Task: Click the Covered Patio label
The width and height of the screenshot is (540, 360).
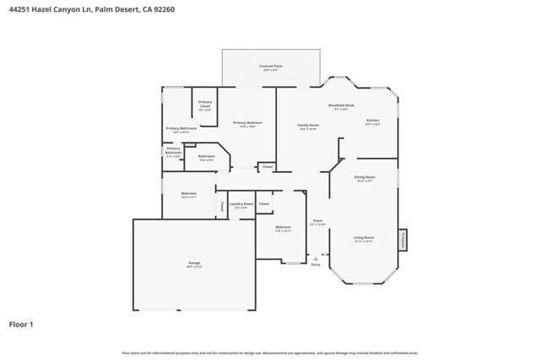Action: pyautogui.click(x=271, y=66)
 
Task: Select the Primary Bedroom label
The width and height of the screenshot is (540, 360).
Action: pyautogui.click(x=247, y=123)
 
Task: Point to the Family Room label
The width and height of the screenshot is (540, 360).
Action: pyautogui.click(x=308, y=125)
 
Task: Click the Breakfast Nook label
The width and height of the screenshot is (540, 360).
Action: pyautogui.click(x=341, y=105)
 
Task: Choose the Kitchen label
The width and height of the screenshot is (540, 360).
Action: pyautogui.click(x=372, y=121)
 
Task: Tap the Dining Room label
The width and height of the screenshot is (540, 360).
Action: pyautogui.click(x=364, y=177)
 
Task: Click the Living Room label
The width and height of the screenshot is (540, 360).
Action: pyautogui.click(x=364, y=239)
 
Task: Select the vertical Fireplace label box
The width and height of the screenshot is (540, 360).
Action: pyautogui.click(x=403, y=239)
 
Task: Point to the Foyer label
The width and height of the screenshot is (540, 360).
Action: pyautogui.click(x=317, y=222)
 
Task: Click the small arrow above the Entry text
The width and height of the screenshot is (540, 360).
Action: pyautogui.click(x=316, y=258)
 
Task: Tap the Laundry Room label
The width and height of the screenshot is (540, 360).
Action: pyautogui.click(x=241, y=204)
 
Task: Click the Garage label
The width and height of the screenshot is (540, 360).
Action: pyautogui.click(x=194, y=264)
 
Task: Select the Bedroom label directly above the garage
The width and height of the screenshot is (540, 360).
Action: pyautogui.click(x=188, y=194)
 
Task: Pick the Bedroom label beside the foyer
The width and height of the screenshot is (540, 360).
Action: pyautogui.click(x=283, y=228)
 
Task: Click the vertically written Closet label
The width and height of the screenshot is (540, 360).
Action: pyautogui.click(x=222, y=205)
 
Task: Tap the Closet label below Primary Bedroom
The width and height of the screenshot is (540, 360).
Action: pyautogui.click(x=267, y=167)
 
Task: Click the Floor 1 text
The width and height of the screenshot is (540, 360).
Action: pyautogui.click(x=21, y=324)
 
